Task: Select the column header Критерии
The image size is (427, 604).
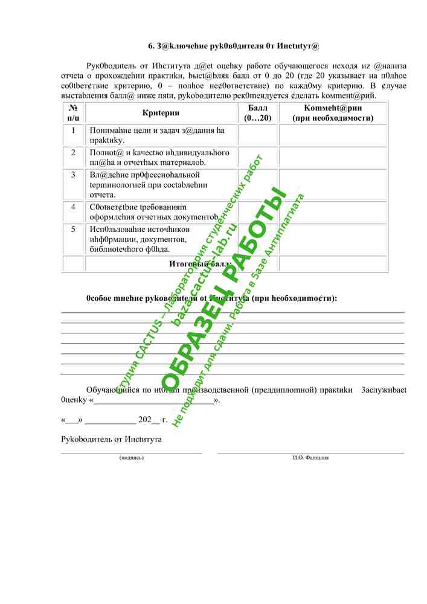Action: pyautogui.click(x=161, y=113)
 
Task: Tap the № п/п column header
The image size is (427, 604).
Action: pyautogui.click(x=73, y=113)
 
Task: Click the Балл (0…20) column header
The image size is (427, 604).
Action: pyautogui.click(x=258, y=113)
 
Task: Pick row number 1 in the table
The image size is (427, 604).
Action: pyautogui.click(x=73, y=130)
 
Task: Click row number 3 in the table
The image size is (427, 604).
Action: pyautogui.click(x=73, y=175)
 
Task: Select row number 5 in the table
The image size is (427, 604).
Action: pyautogui.click(x=73, y=229)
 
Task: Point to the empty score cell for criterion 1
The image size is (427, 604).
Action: pyautogui.click(x=258, y=135)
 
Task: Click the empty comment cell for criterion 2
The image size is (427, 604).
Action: pyautogui.click(x=333, y=157)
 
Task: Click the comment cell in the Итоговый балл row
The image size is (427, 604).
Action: pyautogui.click(x=333, y=264)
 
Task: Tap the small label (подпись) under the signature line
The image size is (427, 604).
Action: pyautogui.click(x=132, y=458)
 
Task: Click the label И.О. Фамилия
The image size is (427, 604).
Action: pyautogui.click(x=310, y=458)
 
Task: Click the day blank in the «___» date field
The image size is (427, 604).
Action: pyautogui.click(x=71, y=420)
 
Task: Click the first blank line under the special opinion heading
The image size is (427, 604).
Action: pyautogui.click(x=233, y=312)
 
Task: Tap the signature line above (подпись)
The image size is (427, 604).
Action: pyautogui.click(x=132, y=452)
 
